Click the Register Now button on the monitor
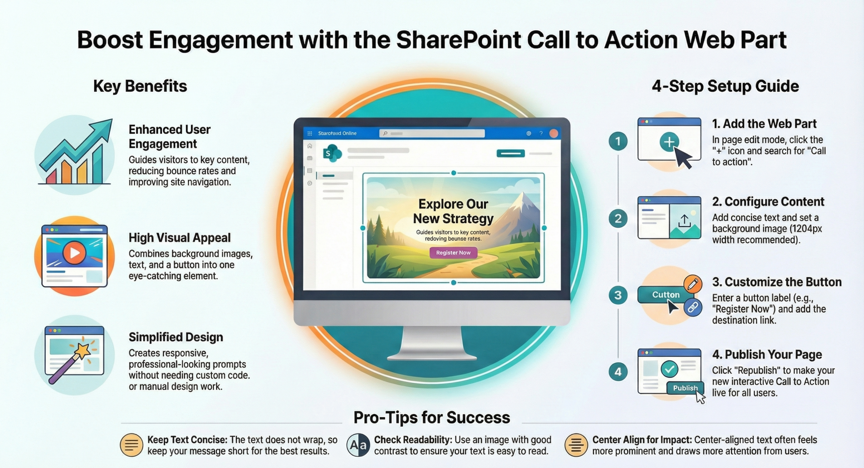click(453, 253)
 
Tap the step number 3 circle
click(618, 295)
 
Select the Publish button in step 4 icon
click(685, 388)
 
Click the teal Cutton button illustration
click(665, 295)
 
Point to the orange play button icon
click(74, 253)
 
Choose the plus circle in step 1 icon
click(669, 142)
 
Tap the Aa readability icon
click(358, 445)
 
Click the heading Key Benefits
click(140, 86)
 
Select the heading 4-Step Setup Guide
click(725, 86)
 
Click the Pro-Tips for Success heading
click(432, 418)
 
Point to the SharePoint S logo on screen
click(331, 153)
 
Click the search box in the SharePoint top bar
click(432, 133)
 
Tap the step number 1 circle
click(618, 141)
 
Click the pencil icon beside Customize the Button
click(693, 283)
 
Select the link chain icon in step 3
click(693, 308)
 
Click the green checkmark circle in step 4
click(669, 369)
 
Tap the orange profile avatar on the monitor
click(553, 133)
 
